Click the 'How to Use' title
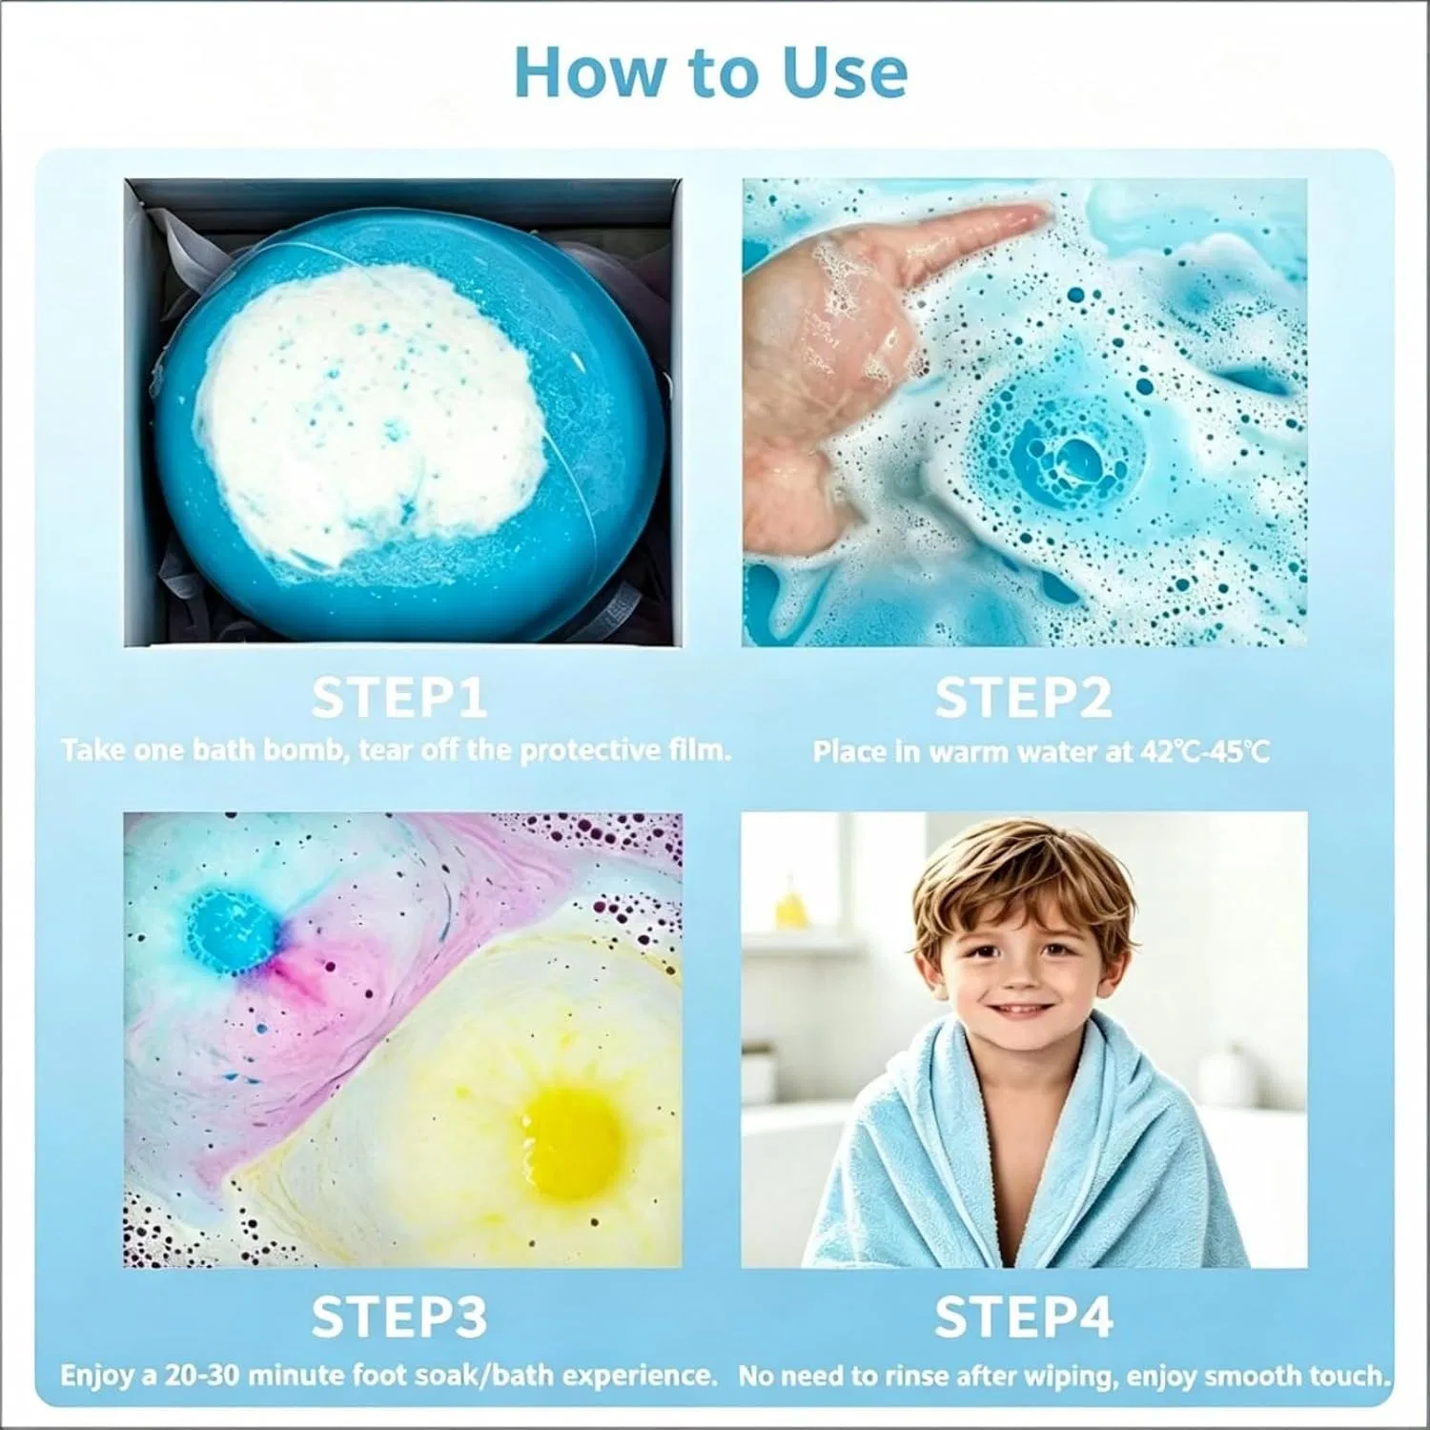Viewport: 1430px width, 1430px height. click(x=710, y=72)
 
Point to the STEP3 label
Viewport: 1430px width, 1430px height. click(x=399, y=1317)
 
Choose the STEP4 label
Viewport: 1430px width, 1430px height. click(x=1023, y=1317)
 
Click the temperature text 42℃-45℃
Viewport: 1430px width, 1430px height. click(x=1205, y=752)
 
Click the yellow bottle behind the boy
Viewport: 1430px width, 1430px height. click(x=790, y=901)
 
